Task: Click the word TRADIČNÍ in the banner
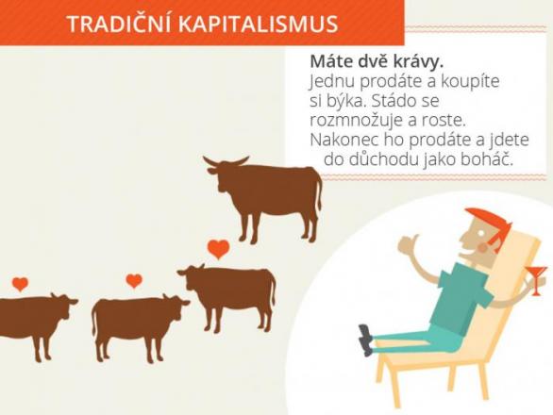(119, 24)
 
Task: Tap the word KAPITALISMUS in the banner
(259, 24)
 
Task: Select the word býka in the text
(337, 102)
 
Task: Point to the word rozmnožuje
(356, 121)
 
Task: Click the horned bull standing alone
(263, 197)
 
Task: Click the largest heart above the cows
(218, 249)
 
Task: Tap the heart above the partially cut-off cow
(20, 284)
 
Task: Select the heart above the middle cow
(134, 281)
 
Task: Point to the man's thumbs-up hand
(410, 244)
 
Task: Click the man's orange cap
(490, 225)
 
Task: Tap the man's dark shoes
(365, 340)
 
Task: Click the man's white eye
(480, 233)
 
